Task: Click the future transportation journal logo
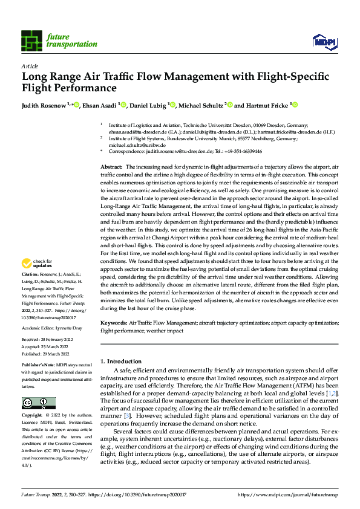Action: (x=59, y=40)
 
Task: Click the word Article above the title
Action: (x=29, y=65)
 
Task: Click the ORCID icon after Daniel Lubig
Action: (x=173, y=105)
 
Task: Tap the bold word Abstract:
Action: (x=111, y=166)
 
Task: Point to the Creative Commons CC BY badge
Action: (x=39, y=403)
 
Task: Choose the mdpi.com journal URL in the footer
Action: (x=288, y=494)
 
